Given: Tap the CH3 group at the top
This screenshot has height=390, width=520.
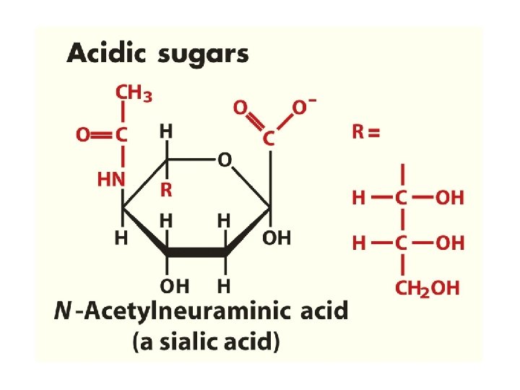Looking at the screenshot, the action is pyautogui.click(x=134, y=94).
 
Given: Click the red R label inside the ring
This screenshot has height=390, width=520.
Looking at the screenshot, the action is pyautogui.click(x=166, y=191).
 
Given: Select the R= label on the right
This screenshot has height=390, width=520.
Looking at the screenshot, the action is pyautogui.click(x=366, y=132).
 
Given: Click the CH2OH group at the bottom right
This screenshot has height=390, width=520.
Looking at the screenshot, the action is pyautogui.click(x=427, y=289).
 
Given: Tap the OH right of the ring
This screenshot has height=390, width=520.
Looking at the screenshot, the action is pyautogui.click(x=277, y=237).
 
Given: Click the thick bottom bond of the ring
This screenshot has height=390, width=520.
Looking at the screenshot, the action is pyautogui.click(x=196, y=253).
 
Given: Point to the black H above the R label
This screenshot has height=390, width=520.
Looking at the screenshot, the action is pyautogui.click(x=166, y=131).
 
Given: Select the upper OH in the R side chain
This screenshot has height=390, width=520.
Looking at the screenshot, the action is pyautogui.click(x=449, y=197).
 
